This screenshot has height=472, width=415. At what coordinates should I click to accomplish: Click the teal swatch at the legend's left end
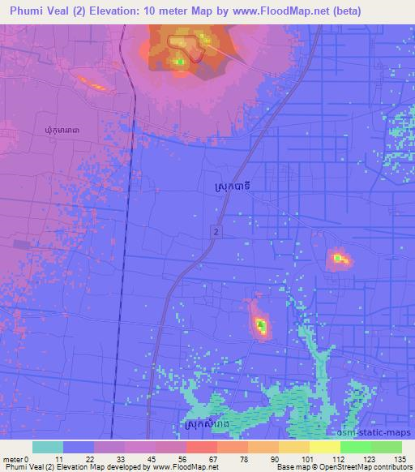tap(47, 447)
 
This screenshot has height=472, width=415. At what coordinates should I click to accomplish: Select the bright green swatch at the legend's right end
tap(386, 447)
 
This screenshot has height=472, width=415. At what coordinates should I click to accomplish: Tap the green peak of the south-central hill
tap(261, 326)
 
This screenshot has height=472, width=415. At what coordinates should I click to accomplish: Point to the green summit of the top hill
tap(179, 60)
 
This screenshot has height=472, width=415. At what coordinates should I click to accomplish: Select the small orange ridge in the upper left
tap(92, 83)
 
